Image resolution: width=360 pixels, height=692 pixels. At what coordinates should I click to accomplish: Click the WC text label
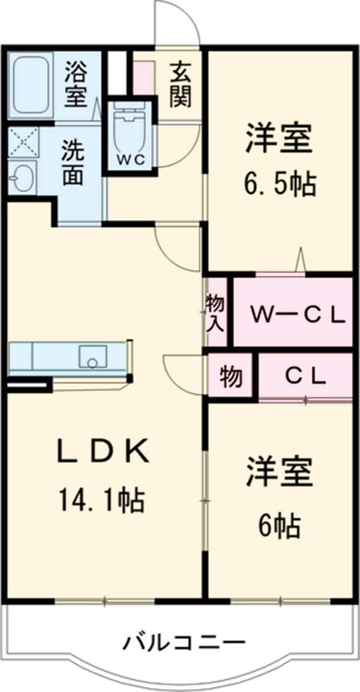pos(130,160)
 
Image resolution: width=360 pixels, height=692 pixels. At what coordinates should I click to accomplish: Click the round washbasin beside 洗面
pos(23,177)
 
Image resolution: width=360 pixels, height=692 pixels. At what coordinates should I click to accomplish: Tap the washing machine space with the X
pos(23,142)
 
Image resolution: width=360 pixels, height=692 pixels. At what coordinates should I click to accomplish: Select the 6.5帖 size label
pos(280,185)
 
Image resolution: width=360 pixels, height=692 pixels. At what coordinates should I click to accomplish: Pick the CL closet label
pos(305,376)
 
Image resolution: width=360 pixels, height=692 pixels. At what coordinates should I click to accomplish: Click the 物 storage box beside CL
pos(230,377)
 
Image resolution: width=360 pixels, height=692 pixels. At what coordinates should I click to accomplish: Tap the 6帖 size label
pos(280,526)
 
